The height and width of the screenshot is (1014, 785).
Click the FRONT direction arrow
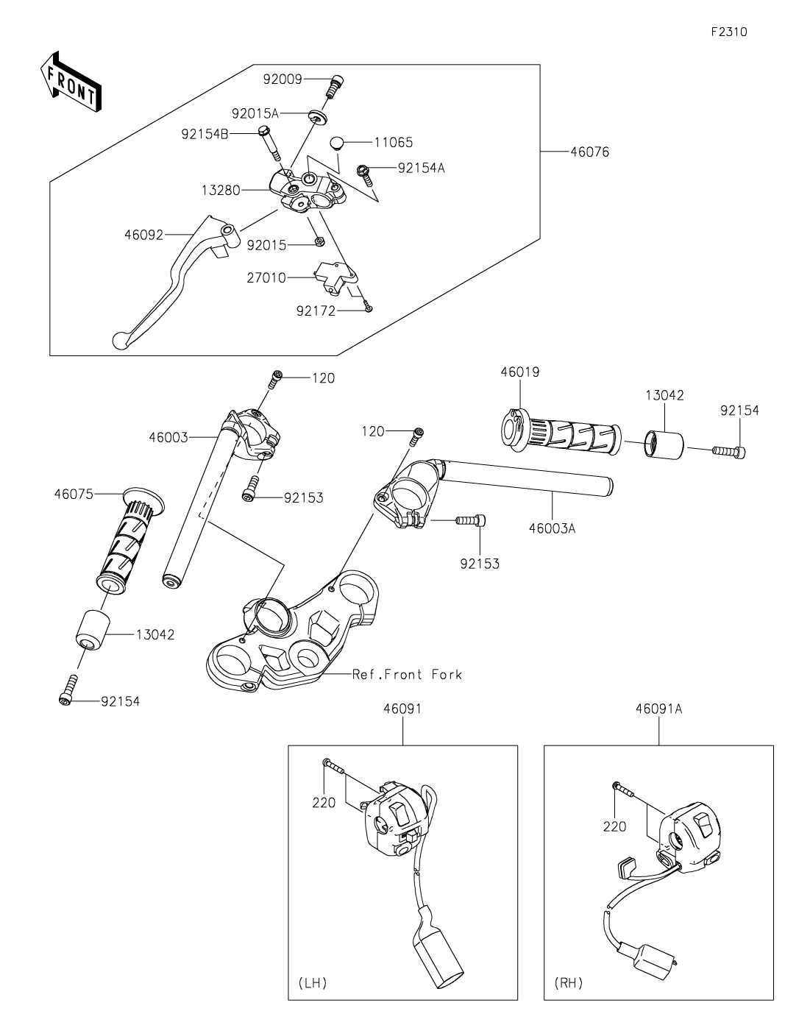click(71, 81)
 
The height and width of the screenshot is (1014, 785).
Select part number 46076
click(589, 152)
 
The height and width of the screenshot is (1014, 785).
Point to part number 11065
click(393, 143)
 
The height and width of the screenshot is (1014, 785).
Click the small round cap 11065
click(336, 142)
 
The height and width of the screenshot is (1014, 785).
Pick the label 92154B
click(205, 134)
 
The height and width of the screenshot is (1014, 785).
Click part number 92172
click(316, 311)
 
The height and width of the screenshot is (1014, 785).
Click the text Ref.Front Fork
click(407, 674)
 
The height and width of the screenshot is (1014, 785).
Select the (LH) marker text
click(313, 983)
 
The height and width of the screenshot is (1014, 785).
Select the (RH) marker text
click(568, 983)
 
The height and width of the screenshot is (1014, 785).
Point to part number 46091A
click(658, 709)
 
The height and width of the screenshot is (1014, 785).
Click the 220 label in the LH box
click(324, 803)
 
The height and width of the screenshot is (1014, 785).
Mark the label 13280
click(220, 191)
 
